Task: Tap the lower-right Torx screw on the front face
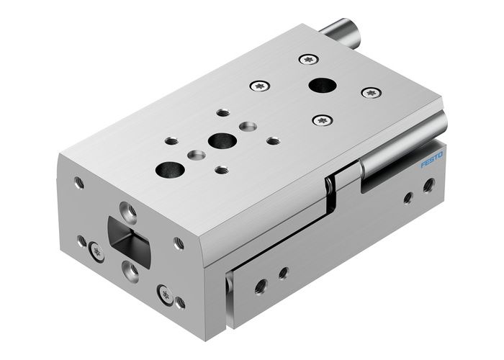tap(165, 293)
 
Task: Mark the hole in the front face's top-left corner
tap(78, 183)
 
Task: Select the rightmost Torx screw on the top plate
tap(370, 92)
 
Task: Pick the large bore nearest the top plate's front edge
tap(169, 170)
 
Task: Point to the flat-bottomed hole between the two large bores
tap(194, 154)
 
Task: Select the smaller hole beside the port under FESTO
tap(408, 197)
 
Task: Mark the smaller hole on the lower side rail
tap(283, 272)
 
